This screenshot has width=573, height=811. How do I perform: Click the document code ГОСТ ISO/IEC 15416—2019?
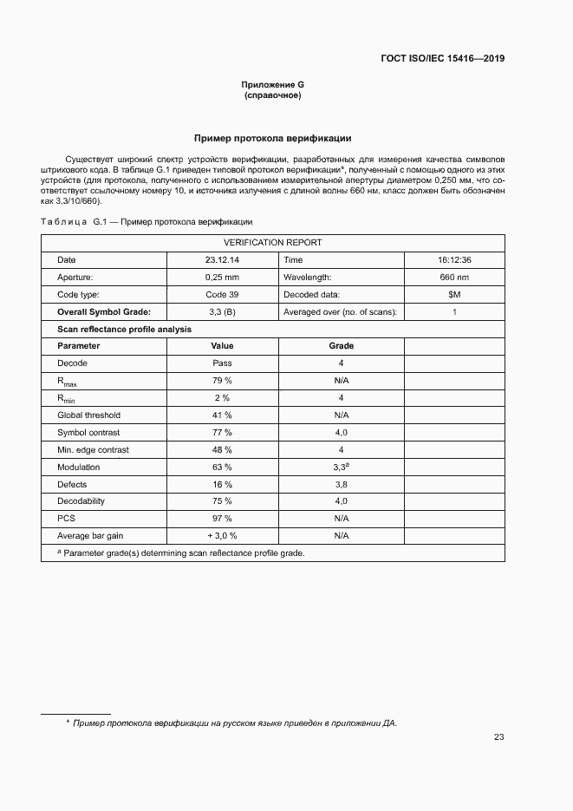pyautogui.click(x=442, y=59)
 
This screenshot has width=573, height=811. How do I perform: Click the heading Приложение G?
pyautogui.click(x=272, y=85)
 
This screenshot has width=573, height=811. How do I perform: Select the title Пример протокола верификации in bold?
pyautogui.click(x=272, y=138)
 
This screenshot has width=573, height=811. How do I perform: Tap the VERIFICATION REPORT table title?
pyautogui.click(x=272, y=243)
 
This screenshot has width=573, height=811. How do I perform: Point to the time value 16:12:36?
pyautogui.click(x=454, y=260)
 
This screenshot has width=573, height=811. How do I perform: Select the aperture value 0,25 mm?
pyautogui.click(x=222, y=278)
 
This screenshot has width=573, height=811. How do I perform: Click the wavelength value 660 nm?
pyautogui.click(x=454, y=278)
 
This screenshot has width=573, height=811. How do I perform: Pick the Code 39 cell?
pyautogui.click(x=222, y=295)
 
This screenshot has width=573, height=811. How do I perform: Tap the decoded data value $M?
pyautogui.click(x=454, y=295)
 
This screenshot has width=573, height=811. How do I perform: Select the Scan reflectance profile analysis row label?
pyautogui.click(x=124, y=329)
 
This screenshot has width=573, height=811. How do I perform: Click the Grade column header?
pyautogui.click(x=341, y=346)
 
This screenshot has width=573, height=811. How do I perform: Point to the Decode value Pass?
pyautogui.click(x=222, y=363)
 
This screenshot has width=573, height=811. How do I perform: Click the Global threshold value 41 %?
pyautogui.click(x=222, y=415)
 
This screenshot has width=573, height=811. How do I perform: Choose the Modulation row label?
pyautogui.click(x=79, y=468)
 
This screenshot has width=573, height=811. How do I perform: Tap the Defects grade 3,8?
pyautogui.click(x=341, y=484)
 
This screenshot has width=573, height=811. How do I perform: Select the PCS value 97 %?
pyautogui.click(x=222, y=519)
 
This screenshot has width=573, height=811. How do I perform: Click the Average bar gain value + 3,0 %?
pyautogui.click(x=222, y=536)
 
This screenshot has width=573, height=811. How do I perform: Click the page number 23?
pyautogui.click(x=498, y=737)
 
